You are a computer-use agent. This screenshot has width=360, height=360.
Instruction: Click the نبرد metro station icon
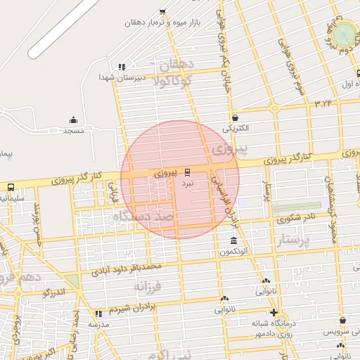(x=187, y=172)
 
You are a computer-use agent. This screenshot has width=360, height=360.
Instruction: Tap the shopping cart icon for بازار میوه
(x=163, y=11)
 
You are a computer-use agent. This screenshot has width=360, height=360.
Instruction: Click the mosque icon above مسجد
(x=73, y=120)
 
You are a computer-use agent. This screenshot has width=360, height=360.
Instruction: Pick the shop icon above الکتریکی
(x=234, y=117)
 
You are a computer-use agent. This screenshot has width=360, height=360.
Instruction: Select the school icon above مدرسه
(x=98, y=314)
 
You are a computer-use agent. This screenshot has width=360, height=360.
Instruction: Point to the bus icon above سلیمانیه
(x=11, y=187)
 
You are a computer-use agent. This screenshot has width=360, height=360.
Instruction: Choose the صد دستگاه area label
(x=143, y=218)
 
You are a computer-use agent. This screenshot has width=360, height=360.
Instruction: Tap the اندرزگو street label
(x=53, y=292)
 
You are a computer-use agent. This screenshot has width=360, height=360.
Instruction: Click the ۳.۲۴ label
(x=323, y=104)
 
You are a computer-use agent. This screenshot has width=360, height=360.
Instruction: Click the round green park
(x=346, y=32)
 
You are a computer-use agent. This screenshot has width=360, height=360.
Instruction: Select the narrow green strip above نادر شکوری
(x=296, y=207)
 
